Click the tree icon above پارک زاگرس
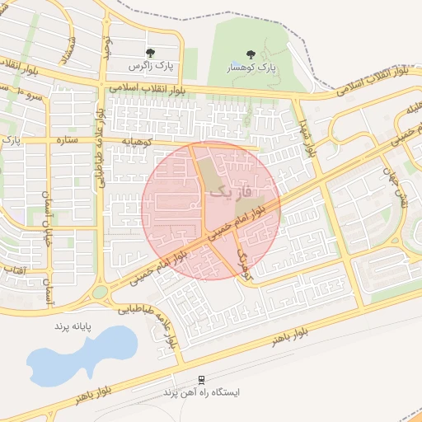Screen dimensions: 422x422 pos(148,52)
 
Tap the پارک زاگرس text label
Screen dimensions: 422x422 pos(148,64)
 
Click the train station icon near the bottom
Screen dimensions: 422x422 pos(199,380)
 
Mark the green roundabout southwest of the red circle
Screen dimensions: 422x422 pos(100,291)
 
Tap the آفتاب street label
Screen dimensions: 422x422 pos(14,270)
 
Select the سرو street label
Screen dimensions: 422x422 pos(33,96)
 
